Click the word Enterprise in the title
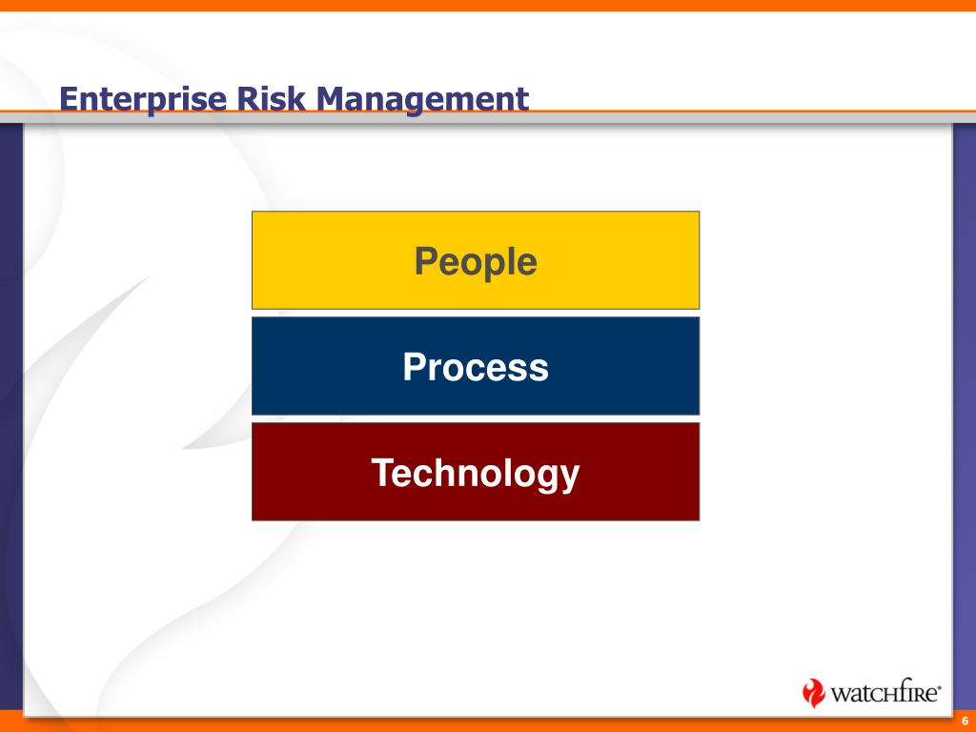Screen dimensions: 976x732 click(143, 99)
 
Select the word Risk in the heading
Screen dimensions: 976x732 click(272, 98)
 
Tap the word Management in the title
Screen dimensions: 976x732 click(422, 99)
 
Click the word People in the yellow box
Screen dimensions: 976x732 click(476, 261)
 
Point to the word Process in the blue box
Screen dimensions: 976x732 click(476, 367)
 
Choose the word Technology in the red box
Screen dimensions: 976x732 click(476, 474)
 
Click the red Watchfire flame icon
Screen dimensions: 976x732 click(813, 692)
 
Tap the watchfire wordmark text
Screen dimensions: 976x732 click(884, 692)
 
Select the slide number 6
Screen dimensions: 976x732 click(965, 722)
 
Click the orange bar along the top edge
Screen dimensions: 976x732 click(488, 6)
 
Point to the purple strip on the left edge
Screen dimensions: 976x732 click(11, 417)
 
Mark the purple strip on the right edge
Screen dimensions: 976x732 click(965, 417)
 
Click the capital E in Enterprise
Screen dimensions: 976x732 click(69, 99)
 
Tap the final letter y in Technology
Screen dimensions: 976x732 click(570, 479)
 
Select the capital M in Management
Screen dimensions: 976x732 click(331, 99)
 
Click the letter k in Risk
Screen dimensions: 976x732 click(297, 98)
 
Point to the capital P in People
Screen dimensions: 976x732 click(426, 260)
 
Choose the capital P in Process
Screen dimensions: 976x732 click(415, 367)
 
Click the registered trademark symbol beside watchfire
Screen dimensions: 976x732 click(939, 688)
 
